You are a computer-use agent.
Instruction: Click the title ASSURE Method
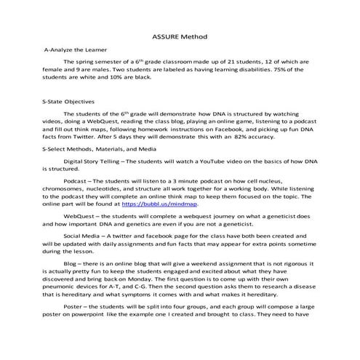coord(180,36)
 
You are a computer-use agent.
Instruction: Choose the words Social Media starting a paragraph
coord(83,236)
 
